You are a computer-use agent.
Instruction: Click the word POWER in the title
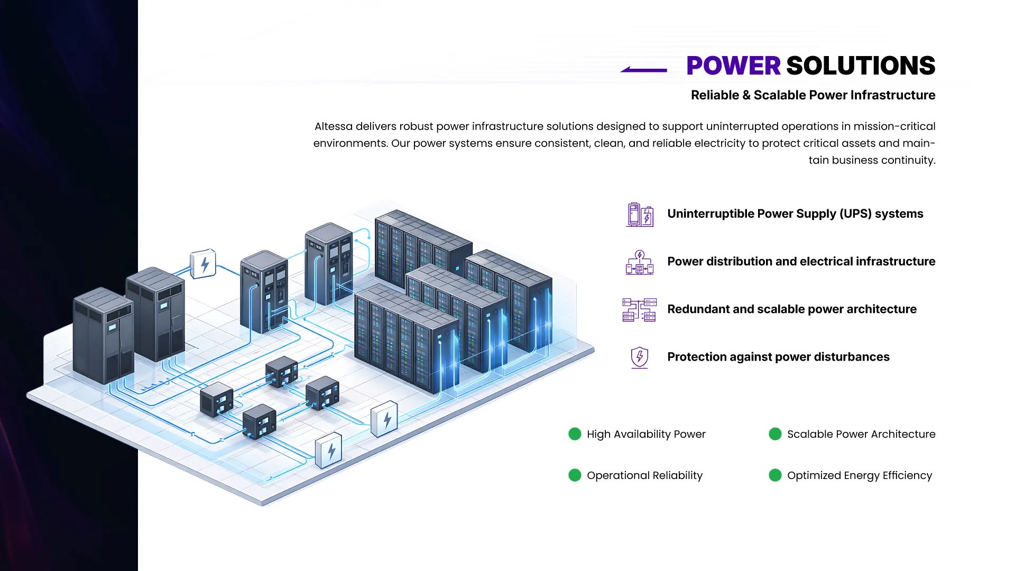tap(733, 66)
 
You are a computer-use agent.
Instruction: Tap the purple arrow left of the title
tap(643, 69)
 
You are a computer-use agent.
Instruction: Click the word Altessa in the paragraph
tap(333, 126)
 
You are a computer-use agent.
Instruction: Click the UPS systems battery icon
tap(640, 214)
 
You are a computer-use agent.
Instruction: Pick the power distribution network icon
tap(640, 262)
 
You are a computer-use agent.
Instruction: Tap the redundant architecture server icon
tap(640, 309)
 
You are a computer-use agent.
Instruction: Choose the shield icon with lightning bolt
tap(640, 357)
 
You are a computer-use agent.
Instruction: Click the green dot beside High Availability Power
tap(575, 434)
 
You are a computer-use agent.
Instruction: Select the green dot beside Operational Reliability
tap(575, 475)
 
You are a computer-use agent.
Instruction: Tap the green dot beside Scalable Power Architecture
tap(775, 434)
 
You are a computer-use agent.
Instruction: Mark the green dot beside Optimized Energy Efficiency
tap(775, 475)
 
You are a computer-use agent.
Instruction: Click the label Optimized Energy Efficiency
tap(860, 475)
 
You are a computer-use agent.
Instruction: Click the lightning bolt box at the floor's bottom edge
tap(329, 450)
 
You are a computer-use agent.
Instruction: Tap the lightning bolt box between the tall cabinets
tap(204, 264)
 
